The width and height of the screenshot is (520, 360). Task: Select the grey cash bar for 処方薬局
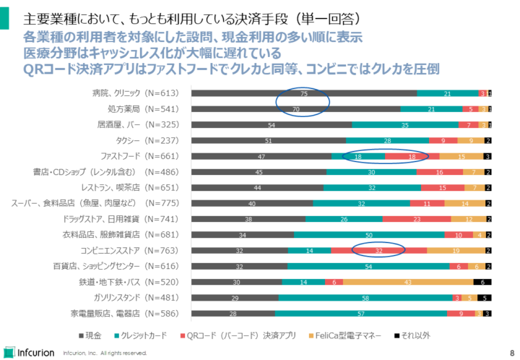[x=295, y=109]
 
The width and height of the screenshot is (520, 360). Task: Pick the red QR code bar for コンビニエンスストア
[x=379, y=250]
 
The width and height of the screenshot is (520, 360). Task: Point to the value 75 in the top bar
[x=304, y=93]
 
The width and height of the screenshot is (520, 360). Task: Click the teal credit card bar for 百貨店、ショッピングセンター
[x=368, y=266]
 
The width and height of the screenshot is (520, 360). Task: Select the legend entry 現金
[x=93, y=335]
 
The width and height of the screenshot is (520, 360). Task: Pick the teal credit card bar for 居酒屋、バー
[x=405, y=125]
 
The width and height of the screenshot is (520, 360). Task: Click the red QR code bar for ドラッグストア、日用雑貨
[x=417, y=219]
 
